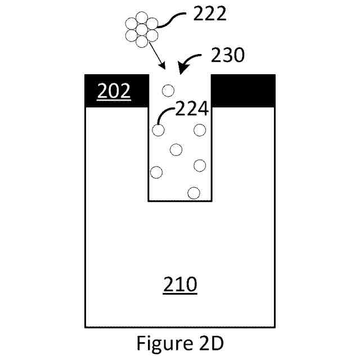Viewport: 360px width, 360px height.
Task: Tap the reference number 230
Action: [x=228, y=55]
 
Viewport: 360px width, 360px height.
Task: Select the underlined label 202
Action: [x=115, y=91]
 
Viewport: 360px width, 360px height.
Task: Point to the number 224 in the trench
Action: [x=191, y=109]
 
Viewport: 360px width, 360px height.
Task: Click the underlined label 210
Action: [x=180, y=285]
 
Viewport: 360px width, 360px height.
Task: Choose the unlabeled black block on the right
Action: [x=243, y=91]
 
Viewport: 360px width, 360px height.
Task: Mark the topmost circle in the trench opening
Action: [x=168, y=89]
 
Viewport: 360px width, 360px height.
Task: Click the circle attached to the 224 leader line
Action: [x=158, y=130]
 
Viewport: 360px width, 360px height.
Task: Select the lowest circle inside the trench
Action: [x=194, y=192]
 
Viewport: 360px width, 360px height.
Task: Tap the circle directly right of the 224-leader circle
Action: [x=200, y=130]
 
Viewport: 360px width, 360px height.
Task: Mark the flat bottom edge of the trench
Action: [x=180, y=200]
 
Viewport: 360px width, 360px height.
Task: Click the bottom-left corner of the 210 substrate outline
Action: [x=85, y=327]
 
